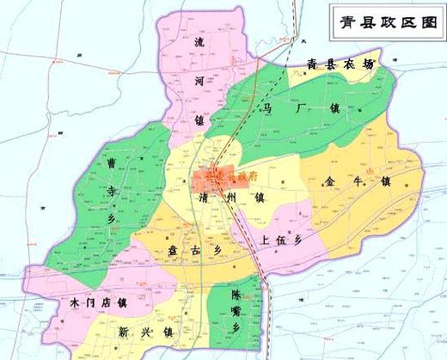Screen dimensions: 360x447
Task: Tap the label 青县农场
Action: [341, 65]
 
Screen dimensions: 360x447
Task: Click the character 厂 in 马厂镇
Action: [297, 109]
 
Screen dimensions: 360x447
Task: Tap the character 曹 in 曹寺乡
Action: [111, 162]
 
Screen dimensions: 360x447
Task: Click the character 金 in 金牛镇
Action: [331, 181]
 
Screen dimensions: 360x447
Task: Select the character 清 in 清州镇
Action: [203, 198]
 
